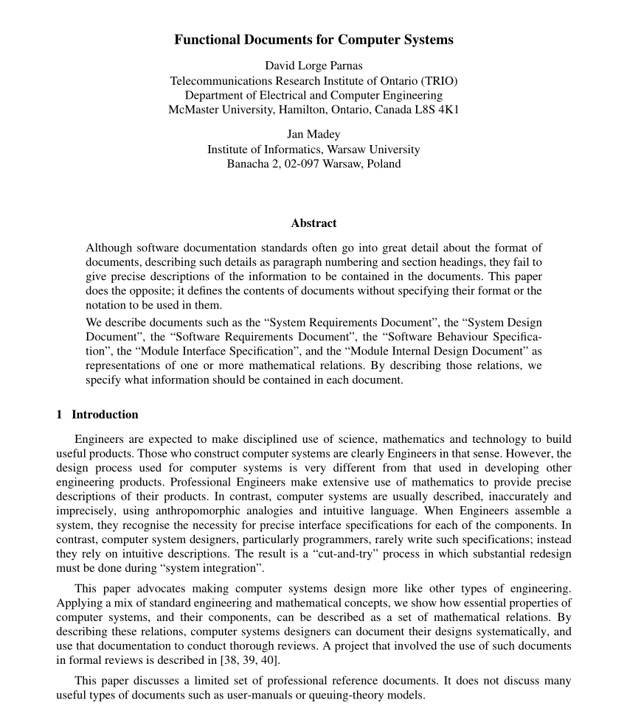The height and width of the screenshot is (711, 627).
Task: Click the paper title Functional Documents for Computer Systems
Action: coord(313,40)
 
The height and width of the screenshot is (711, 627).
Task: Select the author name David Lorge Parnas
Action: coord(313,66)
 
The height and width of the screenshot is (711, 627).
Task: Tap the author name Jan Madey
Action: coord(313,134)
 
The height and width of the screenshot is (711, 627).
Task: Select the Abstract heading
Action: coord(313,223)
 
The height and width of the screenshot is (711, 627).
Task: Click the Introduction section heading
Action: coord(105,414)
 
